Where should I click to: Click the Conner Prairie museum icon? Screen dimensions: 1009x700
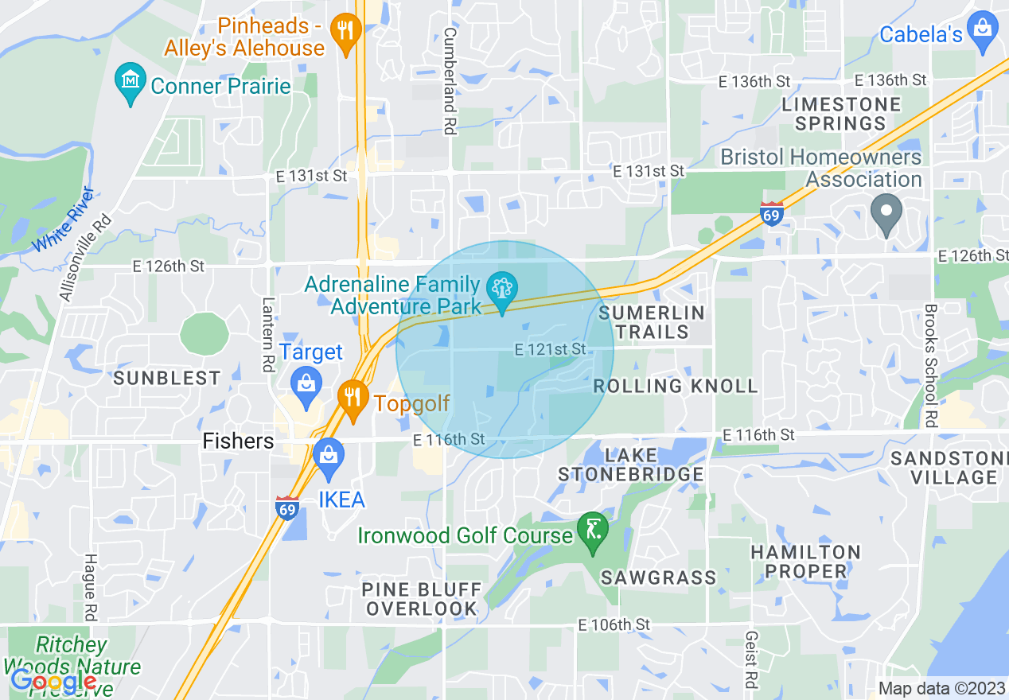128,82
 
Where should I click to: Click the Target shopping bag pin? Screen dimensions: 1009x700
305,383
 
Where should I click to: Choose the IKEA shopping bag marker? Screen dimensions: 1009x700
328,457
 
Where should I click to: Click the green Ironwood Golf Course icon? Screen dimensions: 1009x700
593,531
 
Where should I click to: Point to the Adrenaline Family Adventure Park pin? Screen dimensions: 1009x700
502,289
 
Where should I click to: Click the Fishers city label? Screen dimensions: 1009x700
238,441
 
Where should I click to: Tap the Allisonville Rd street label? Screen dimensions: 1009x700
84,256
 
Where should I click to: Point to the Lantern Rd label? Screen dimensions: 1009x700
267,334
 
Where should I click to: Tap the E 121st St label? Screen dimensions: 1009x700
550,349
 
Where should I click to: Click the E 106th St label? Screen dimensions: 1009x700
614,624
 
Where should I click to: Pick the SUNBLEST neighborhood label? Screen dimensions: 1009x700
166,378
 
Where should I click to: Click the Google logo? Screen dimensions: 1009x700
53,681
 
